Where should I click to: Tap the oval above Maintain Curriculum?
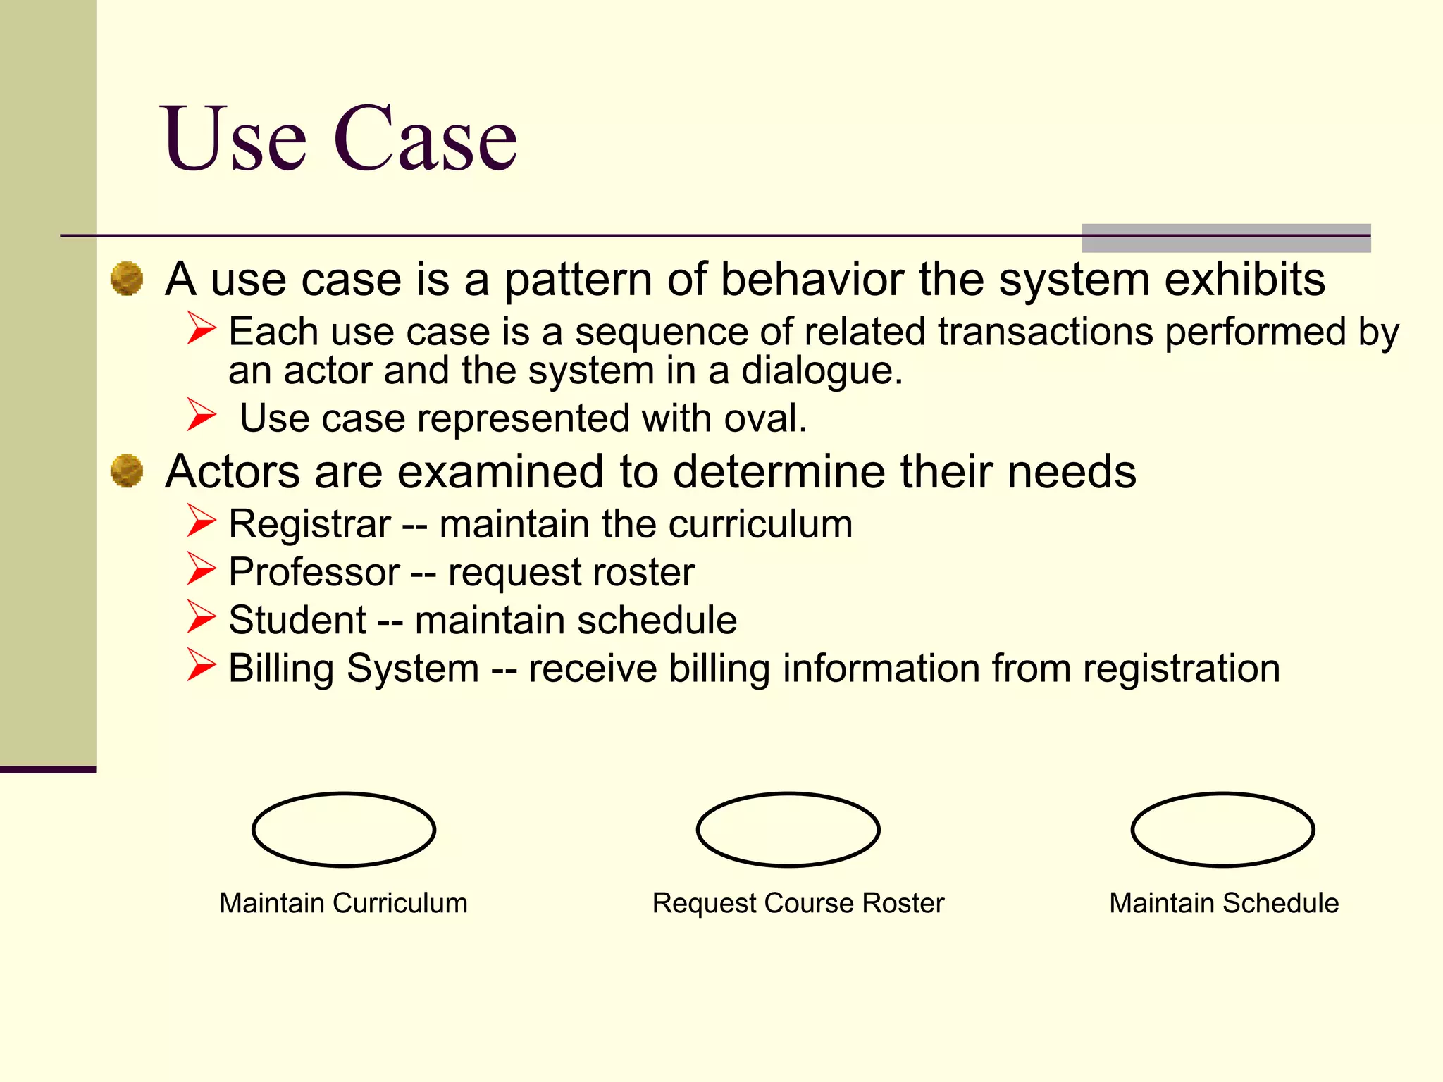point(344,829)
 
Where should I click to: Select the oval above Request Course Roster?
point(788,829)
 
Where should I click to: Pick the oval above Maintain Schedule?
point(1222,829)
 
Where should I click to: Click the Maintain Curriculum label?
point(343,903)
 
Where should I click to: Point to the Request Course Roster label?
point(798,903)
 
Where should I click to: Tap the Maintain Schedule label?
point(1224,903)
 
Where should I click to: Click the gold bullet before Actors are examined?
point(127,471)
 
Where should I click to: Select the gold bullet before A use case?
point(127,278)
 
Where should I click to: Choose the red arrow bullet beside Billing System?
point(202,665)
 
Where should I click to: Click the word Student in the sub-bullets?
point(297,620)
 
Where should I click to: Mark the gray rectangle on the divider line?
point(1226,238)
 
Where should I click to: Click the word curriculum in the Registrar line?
point(760,524)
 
